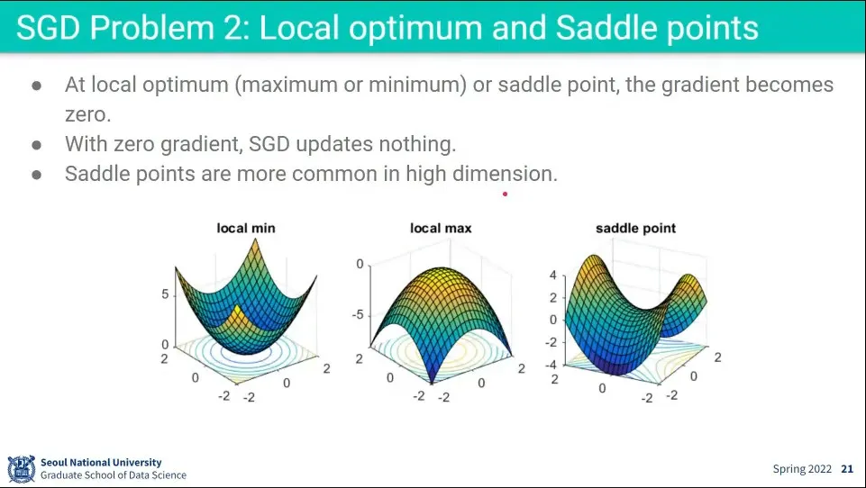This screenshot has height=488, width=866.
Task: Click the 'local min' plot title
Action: tap(246, 228)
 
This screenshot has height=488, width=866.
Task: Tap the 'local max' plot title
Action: tap(441, 228)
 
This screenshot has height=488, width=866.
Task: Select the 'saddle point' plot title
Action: tap(635, 229)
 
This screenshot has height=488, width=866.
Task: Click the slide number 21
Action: tap(847, 469)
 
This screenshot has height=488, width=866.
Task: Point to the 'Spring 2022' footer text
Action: tap(802, 469)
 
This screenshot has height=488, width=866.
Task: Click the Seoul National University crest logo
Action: tap(21, 469)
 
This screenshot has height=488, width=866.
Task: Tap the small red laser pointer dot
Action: tap(505, 194)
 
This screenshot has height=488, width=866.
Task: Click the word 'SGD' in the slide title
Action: tap(49, 28)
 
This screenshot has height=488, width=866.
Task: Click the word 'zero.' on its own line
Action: tap(87, 115)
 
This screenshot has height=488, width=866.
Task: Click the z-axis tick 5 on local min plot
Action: tap(165, 294)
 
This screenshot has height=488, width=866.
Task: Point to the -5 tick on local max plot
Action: tap(358, 315)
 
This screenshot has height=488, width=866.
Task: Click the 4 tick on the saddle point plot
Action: tap(552, 275)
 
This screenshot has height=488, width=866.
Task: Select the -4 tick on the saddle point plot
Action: tap(552, 365)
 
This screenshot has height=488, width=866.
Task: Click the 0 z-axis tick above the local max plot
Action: tap(360, 265)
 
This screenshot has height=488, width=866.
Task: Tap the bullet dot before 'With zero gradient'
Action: tap(37, 145)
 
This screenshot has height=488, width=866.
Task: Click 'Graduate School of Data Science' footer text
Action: tap(114, 475)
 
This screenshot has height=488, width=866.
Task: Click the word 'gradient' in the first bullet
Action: tap(700, 85)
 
